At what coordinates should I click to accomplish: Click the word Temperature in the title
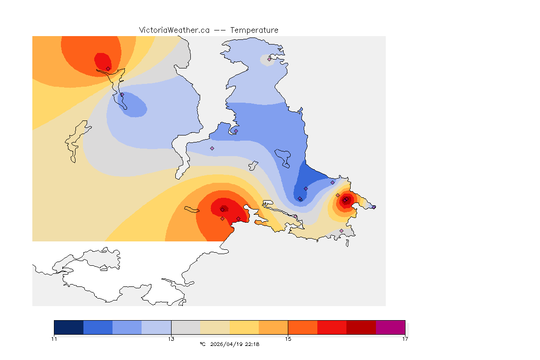(x=255, y=30)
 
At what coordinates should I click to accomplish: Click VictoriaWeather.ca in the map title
(x=174, y=30)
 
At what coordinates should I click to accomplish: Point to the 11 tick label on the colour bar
(x=54, y=339)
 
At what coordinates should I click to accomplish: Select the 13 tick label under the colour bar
(x=171, y=339)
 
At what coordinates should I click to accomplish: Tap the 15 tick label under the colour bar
(x=288, y=339)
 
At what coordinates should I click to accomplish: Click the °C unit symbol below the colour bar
(x=202, y=344)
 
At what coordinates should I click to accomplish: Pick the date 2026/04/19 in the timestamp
(x=225, y=344)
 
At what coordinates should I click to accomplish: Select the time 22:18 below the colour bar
(x=252, y=344)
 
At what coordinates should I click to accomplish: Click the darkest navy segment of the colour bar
(x=68, y=327)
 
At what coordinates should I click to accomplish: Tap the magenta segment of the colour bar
(x=390, y=327)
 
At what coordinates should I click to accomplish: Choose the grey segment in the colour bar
(x=186, y=327)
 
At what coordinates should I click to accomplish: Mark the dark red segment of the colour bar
(x=361, y=327)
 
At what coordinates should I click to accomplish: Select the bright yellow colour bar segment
(x=244, y=327)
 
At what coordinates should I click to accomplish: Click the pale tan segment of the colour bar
(x=215, y=327)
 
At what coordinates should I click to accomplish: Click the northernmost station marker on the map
(x=269, y=59)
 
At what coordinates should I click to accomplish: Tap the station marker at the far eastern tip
(x=374, y=207)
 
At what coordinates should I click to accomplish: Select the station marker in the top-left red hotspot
(x=108, y=68)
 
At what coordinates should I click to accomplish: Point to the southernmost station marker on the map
(x=341, y=231)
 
